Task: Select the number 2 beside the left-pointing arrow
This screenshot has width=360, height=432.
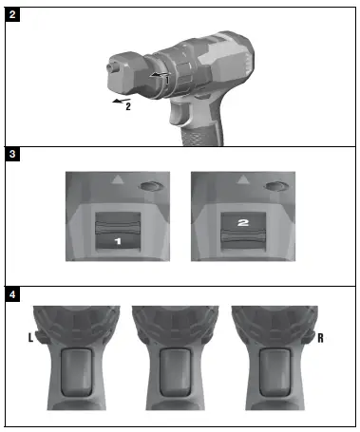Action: point(127,107)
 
